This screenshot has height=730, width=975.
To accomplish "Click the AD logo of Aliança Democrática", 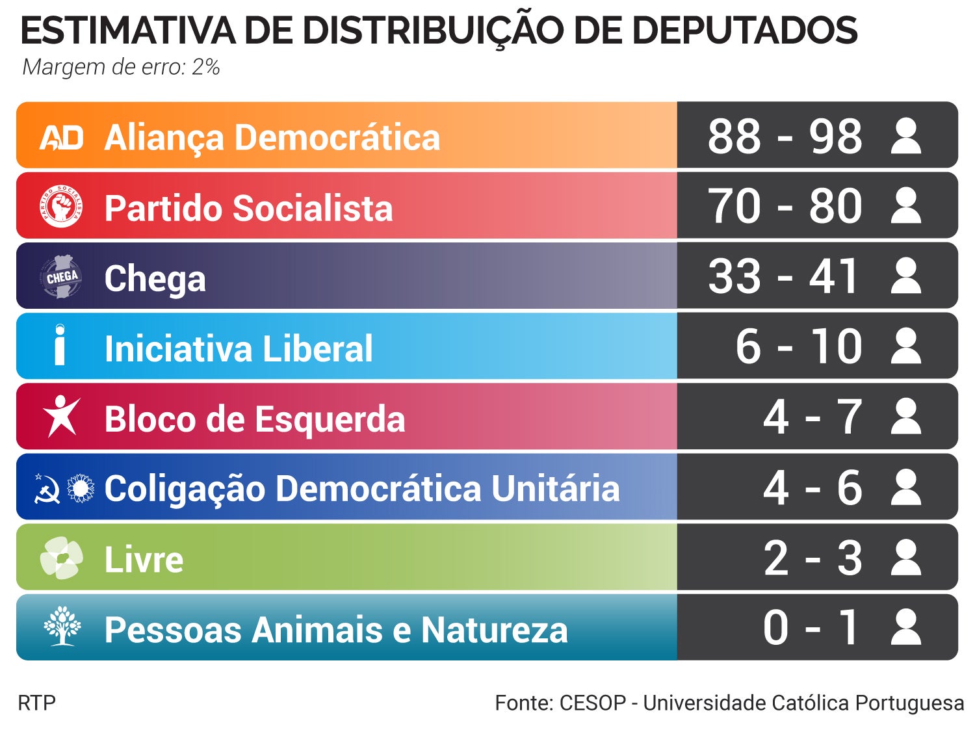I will [x=62, y=137].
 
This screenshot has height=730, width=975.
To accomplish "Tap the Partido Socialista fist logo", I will [x=61, y=207].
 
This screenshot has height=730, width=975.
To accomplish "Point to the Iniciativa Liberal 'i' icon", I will [x=60, y=346].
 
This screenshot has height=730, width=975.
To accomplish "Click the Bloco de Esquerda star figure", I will [x=61, y=416].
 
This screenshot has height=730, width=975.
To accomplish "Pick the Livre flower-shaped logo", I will [x=62, y=558].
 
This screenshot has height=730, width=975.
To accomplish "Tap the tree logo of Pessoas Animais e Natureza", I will [x=62, y=627].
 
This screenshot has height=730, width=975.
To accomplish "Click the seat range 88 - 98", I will [x=785, y=137].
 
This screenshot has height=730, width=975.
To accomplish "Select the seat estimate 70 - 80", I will [x=785, y=207].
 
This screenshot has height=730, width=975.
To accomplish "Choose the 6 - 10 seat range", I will [x=799, y=347].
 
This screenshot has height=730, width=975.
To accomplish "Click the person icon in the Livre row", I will [x=906, y=558].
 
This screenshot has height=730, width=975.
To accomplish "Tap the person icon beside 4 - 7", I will [x=906, y=417].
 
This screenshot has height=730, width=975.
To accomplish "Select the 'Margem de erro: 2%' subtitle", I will [x=121, y=67].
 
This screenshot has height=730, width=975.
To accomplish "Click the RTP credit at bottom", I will [x=36, y=703].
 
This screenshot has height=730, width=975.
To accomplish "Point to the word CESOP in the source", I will [x=592, y=703].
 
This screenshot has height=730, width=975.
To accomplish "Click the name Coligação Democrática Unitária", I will [x=361, y=488].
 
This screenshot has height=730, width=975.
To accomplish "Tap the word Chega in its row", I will [x=155, y=278].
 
